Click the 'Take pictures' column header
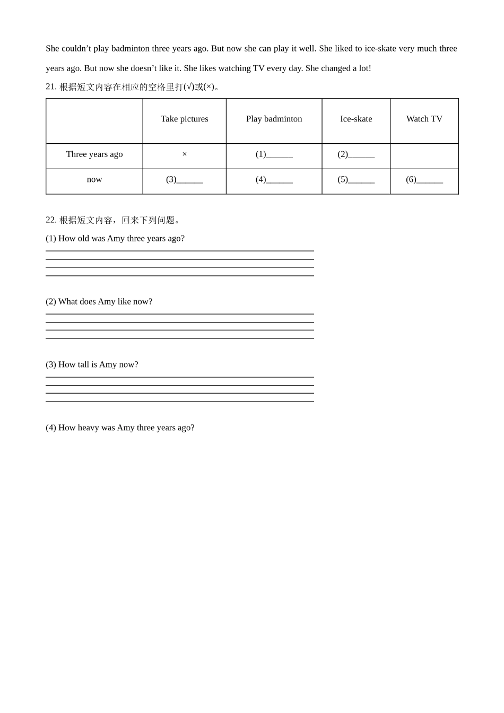click(x=184, y=119)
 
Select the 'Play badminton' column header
click(x=274, y=119)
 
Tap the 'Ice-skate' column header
click(x=356, y=119)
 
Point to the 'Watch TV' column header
click(x=424, y=119)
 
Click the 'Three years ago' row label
click(x=94, y=154)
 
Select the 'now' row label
click(x=94, y=179)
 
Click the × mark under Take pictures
click(x=185, y=154)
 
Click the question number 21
click(x=51, y=86)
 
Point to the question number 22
click(x=51, y=220)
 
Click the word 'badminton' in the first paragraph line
click(x=131, y=49)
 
